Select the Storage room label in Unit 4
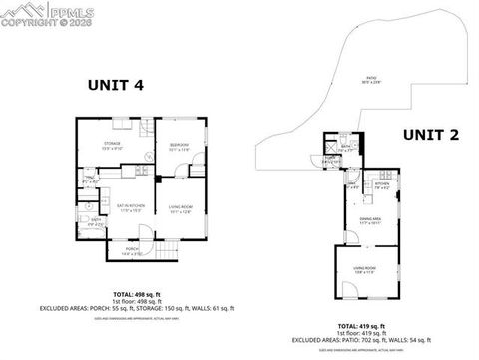point(112,145)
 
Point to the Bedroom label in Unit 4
point(181,144)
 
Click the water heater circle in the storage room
point(147,156)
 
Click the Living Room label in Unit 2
point(365,268)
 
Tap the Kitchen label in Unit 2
point(381,185)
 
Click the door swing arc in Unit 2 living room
point(350,291)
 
